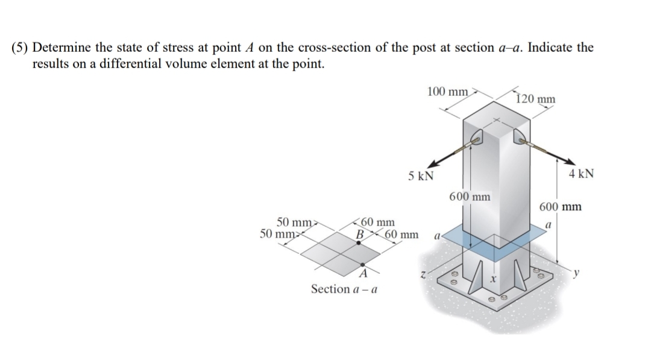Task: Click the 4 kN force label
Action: click(581, 174)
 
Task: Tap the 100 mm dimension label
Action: click(447, 92)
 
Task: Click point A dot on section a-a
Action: click(362, 265)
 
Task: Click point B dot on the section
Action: click(359, 242)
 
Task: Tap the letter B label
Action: click(361, 233)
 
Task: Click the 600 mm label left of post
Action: click(470, 197)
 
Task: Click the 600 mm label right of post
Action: click(560, 207)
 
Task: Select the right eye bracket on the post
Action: click(520, 140)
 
